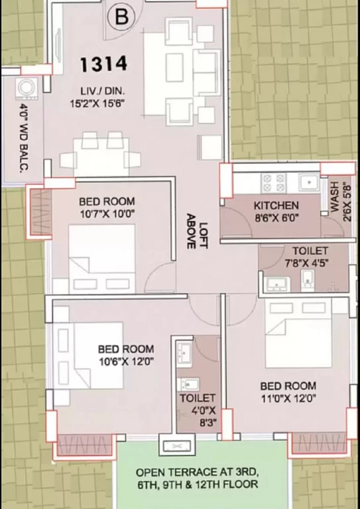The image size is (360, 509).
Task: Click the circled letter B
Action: click(121, 17)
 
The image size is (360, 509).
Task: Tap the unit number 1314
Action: click(103, 64)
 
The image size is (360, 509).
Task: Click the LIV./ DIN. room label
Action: click(102, 91)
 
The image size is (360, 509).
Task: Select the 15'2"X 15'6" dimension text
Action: click(97, 103)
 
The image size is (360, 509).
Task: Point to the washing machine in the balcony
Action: click(27, 88)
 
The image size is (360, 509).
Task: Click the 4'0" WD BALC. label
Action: click(23, 137)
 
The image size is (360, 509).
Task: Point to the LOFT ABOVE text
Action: click(197, 231)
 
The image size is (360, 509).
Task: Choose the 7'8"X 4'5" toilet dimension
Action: click(306, 263)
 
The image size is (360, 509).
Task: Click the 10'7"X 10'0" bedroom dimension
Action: click(107, 214)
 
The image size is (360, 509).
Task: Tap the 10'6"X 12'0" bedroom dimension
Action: click(126, 361)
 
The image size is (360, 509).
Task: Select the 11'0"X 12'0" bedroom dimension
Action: click(288, 398)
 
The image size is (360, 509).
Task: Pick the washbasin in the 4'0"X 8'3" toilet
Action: click(185, 353)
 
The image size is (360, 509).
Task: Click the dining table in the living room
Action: click(101, 157)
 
